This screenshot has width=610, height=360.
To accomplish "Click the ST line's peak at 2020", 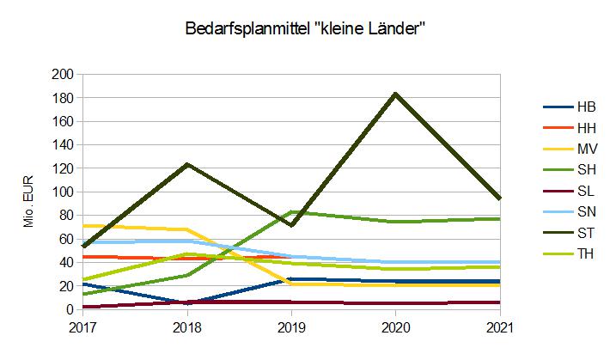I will (395, 94).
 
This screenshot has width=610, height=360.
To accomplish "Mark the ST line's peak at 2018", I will (187, 164).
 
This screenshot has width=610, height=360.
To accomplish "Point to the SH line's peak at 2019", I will (291, 211).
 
